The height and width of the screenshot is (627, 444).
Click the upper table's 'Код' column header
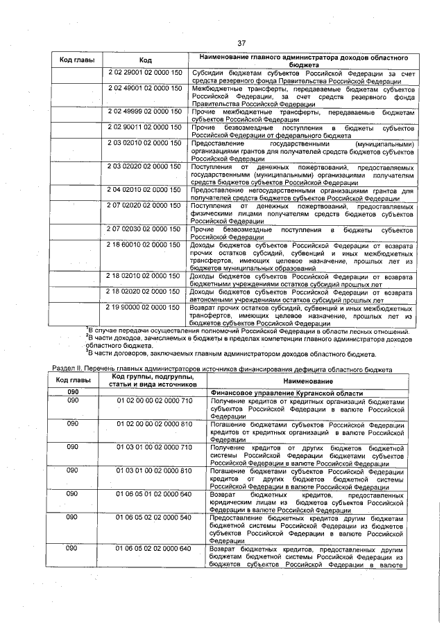click(x=145, y=60)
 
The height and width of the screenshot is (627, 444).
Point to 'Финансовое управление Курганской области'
click(x=286, y=393)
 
